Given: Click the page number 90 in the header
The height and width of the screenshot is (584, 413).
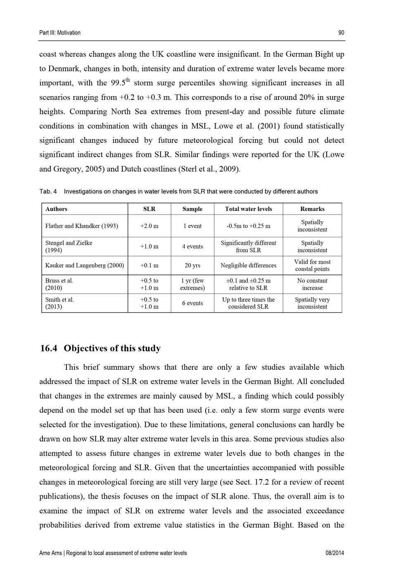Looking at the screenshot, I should [x=341, y=33].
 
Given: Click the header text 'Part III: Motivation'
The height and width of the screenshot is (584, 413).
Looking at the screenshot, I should [x=60, y=33].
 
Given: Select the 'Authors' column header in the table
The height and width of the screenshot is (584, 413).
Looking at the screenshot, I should [x=56, y=209].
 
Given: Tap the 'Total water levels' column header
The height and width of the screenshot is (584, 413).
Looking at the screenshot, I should [x=248, y=209].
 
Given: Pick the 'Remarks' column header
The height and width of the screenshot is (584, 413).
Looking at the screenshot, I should [x=312, y=209].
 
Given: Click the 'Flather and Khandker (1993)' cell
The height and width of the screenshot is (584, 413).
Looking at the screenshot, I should [x=81, y=226].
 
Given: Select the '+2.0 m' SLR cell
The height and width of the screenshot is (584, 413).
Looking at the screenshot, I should [x=149, y=226].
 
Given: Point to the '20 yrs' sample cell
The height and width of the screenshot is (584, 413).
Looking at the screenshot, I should [x=192, y=265].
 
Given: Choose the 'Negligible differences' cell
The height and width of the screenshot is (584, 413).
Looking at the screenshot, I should [x=248, y=265].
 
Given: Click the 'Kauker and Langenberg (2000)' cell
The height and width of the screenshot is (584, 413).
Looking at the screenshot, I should [x=85, y=265].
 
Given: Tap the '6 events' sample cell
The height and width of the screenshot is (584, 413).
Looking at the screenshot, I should [x=192, y=303].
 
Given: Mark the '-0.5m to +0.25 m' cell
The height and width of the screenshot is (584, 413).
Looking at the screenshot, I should [x=248, y=226].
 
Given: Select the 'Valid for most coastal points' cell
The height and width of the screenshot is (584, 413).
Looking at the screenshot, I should [x=312, y=265].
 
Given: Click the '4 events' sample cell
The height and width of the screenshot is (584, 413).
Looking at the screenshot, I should [x=192, y=247].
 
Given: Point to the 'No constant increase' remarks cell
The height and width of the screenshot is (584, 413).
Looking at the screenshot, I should [x=312, y=284].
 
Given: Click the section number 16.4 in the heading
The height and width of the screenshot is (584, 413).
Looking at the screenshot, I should [x=49, y=349].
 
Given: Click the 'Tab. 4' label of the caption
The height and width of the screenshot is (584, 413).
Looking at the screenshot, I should [x=48, y=192].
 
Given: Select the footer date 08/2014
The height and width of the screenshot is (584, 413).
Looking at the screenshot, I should [x=335, y=553].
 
